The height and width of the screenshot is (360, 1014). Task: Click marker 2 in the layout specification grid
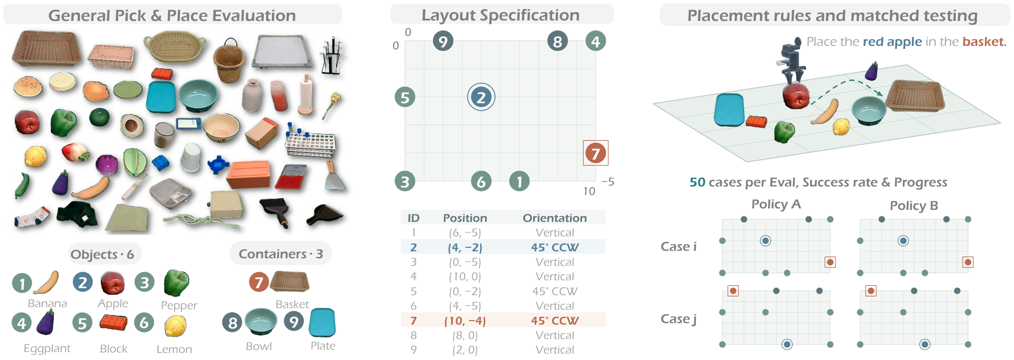pos(481,97)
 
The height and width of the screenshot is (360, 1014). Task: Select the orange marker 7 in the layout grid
pos(596,153)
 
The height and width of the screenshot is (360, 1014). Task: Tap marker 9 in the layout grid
pos(443,40)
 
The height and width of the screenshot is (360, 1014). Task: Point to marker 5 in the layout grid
pos(405,97)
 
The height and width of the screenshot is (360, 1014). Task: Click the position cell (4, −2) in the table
pos(465,247)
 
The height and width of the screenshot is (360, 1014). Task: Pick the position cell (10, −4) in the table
pos(465,321)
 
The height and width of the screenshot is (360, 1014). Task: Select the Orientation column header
pos(555,218)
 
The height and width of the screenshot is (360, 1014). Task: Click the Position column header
pos(465,218)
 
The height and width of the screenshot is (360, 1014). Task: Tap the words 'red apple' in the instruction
pos(892,42)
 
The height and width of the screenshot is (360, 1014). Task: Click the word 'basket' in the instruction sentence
pos(983,41)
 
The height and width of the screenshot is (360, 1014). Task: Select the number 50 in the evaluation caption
pos(697,182)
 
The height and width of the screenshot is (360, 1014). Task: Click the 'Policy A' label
pos(776,204)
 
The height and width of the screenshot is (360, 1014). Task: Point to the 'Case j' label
pos(679,319)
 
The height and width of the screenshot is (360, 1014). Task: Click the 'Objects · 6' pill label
pos(102,254)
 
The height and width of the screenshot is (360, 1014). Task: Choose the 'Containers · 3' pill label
pos(281,254)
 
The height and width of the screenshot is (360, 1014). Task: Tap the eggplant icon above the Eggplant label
pos(45,322)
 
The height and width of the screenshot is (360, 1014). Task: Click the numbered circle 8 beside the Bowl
pos(232,323)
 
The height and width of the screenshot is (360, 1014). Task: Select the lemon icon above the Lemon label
pos(176,326)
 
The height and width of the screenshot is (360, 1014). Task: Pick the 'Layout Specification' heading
pos(501,15)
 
